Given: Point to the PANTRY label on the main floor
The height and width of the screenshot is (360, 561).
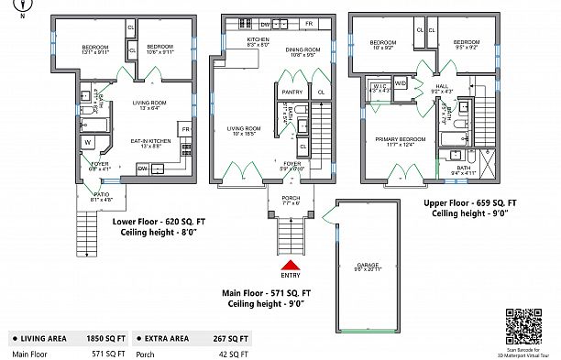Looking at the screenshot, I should (291, 93).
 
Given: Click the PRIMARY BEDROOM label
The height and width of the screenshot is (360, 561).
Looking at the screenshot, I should (401, 140).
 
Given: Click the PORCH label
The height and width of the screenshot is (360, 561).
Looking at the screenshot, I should (290, 199).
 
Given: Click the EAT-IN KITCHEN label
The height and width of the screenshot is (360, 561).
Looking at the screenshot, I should (147, 142).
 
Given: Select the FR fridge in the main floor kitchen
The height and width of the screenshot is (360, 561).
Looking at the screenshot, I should (309, 23).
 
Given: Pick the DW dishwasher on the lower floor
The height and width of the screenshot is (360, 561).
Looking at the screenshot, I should (142, 169).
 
